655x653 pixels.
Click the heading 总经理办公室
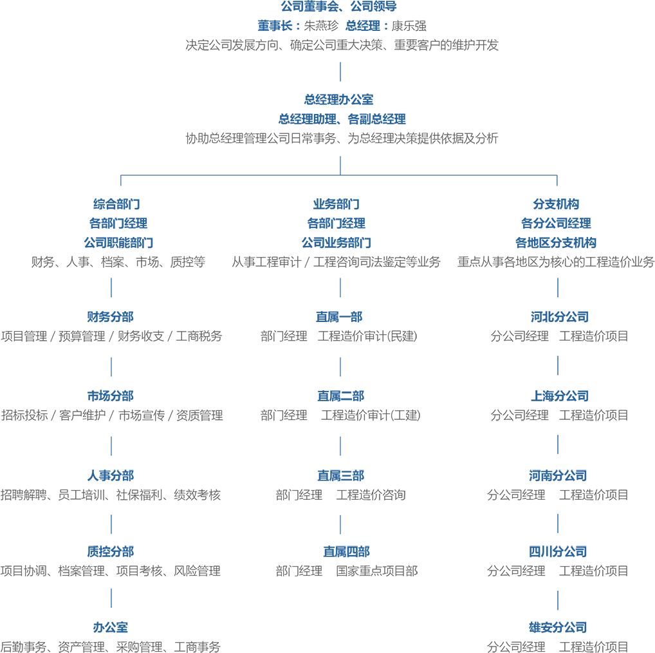point(338,100)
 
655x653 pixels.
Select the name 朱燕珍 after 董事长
point(321,26)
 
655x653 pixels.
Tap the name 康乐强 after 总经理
point(409,26)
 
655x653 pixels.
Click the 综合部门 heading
point(116,204)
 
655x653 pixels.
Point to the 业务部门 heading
point(337,204)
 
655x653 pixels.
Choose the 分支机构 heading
point(556,204)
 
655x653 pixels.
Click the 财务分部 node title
point(110,317)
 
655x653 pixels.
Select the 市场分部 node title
point(110,396)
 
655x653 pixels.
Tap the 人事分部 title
point(110,475)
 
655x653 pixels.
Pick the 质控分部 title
point(110,551)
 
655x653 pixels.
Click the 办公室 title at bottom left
point(110,627)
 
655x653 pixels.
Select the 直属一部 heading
point(339,317)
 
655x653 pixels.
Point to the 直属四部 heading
point(346,551)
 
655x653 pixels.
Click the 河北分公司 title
point(560,317)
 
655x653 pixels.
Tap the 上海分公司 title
point(560,396)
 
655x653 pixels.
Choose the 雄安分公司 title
point(558,627)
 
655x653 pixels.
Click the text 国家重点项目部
point(377,571)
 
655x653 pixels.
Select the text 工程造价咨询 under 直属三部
point(371,495)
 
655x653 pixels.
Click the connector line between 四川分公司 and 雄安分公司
point(558,600)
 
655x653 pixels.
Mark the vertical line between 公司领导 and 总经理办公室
point(340,72)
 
